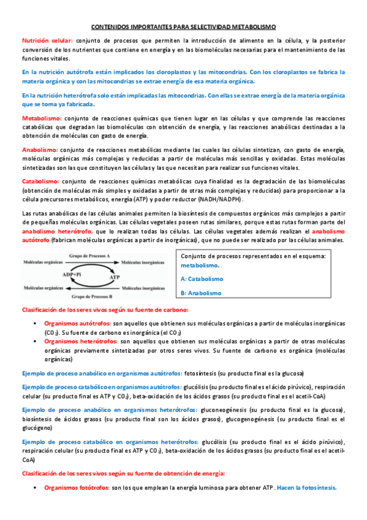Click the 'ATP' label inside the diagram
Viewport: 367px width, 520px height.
[115, 277]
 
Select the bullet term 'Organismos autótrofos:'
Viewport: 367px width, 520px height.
[77, 323]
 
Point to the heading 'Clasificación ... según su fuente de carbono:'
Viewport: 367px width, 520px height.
[105, 310]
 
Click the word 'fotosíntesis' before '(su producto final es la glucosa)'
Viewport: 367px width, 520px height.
[202, 373]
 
